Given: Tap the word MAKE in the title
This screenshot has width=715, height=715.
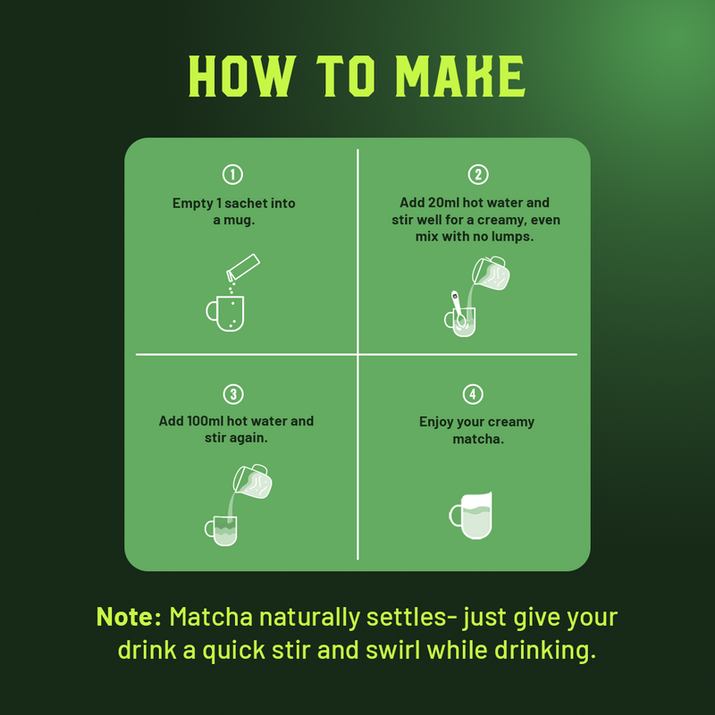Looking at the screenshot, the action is pos(460,76).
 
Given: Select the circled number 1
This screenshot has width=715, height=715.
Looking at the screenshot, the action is pos(232,174).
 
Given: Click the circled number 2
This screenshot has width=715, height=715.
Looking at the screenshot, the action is pos(478,174).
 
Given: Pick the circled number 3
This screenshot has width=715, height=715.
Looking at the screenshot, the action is pos(233,394).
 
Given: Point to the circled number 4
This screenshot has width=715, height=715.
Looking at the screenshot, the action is pos(473,394).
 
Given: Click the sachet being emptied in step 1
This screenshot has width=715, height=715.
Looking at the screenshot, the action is pos(243,267).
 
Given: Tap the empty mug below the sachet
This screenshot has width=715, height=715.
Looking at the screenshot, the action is pos(225,314).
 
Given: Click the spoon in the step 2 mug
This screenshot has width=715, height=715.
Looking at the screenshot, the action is pos(458,308).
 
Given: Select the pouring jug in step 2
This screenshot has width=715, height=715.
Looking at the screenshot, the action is pos(491,273).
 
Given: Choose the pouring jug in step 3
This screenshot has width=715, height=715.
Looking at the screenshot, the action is pos(252,481).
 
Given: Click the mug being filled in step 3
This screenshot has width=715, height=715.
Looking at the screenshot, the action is pos(221,531).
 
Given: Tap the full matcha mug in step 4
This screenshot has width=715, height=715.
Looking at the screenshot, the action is pos(471,516).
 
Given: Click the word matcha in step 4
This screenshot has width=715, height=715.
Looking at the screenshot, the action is pos(478,439).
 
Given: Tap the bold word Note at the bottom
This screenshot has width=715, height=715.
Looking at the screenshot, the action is pos(129,617).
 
